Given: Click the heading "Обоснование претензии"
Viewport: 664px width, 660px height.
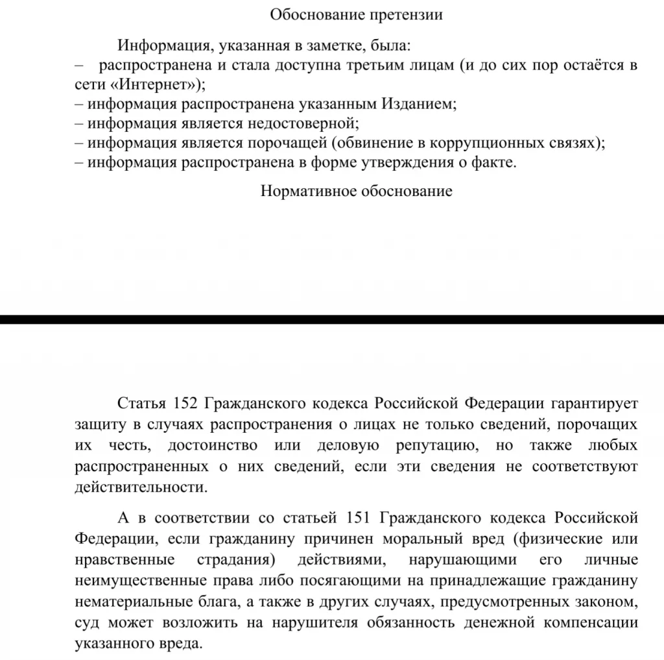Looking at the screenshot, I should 356,15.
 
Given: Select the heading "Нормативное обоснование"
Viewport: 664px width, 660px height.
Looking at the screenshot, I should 356,191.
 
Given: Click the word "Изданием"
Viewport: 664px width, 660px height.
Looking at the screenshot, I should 418,104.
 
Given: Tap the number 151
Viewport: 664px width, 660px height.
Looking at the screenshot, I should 356,519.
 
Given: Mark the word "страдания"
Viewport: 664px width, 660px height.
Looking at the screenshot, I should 232,560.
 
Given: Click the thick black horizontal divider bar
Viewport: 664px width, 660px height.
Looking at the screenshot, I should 332,319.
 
